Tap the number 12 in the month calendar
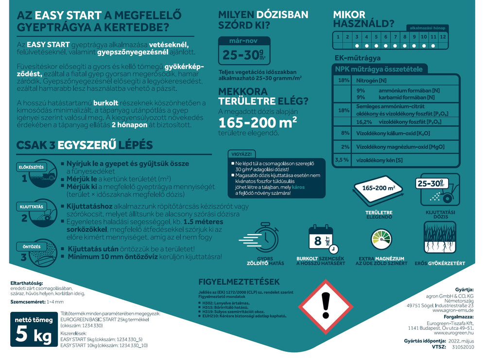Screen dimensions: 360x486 click(442, 36)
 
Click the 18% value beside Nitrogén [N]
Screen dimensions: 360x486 click(344, 80)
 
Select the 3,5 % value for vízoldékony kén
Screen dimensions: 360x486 click(342, 159)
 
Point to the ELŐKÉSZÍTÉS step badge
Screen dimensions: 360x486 click(31, 167)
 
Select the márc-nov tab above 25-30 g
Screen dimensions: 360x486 click(243, 41)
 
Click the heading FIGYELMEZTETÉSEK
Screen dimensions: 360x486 click(239, 282)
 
